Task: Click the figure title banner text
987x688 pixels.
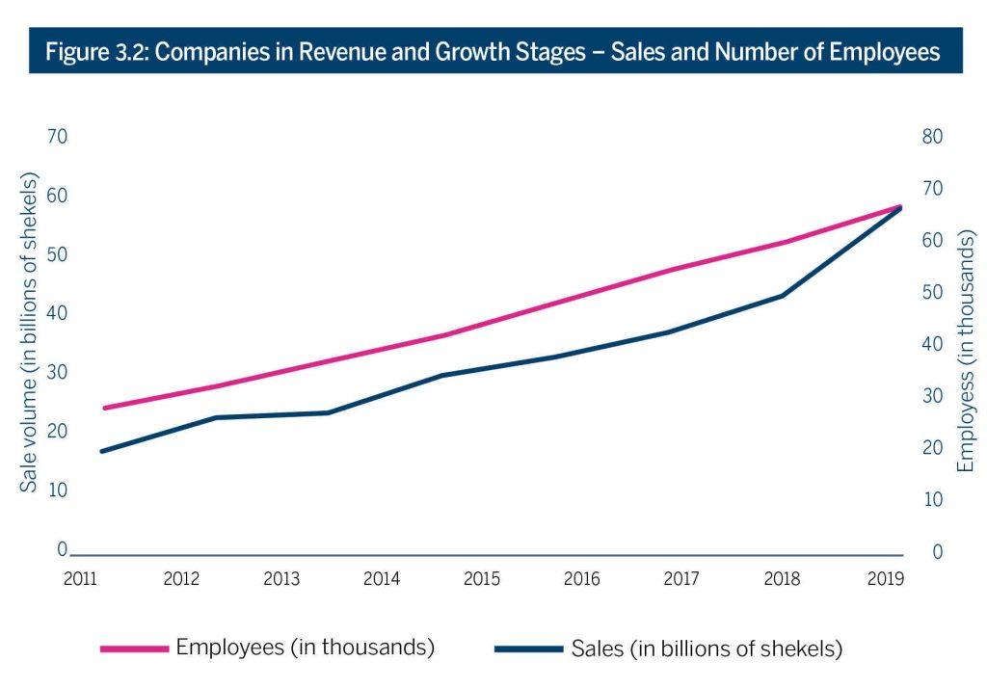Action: click(x=493, y=52)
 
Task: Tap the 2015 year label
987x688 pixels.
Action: click(x=481, y=578)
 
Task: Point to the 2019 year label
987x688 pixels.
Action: click(x=885, y=578)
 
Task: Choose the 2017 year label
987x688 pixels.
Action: click(x=682, y=578)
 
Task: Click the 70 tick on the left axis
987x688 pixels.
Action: click(x=57, y=137)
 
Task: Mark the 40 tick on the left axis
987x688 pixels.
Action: click(x=57, y=313)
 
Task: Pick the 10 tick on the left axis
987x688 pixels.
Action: click(x=57, y=490)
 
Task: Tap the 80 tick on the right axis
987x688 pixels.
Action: click(x=931, y=137)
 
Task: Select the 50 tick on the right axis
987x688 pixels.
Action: click(x=931, y=292)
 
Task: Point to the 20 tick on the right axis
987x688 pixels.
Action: click(x=931, y=448)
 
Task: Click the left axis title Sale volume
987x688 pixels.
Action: click(x=29, y=332)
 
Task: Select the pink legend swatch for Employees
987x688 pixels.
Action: click(x=134, y=648)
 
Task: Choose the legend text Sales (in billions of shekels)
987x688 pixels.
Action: click(x=707, y=648)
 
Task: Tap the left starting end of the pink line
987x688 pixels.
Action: click(x=103, y=408)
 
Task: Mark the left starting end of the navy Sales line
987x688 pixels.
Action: click(x=101, y=451)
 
